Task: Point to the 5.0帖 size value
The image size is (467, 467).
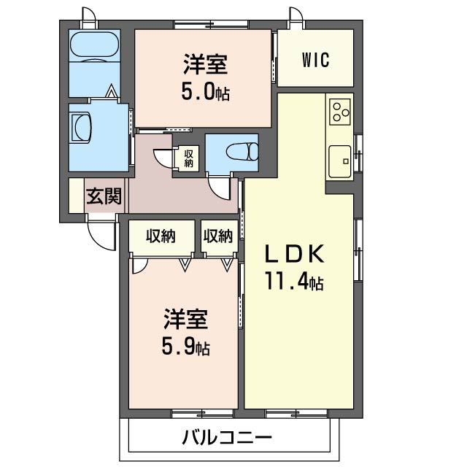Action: point(205,93)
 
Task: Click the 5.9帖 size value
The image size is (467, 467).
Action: point(185,347)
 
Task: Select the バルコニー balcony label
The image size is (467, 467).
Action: point(226,438)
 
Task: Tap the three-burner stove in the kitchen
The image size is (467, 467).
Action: point(339,111)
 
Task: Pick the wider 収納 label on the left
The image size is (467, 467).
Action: point(161,236)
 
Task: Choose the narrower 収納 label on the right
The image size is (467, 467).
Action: point(218,236)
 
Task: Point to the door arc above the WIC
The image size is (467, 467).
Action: point(296,16)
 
